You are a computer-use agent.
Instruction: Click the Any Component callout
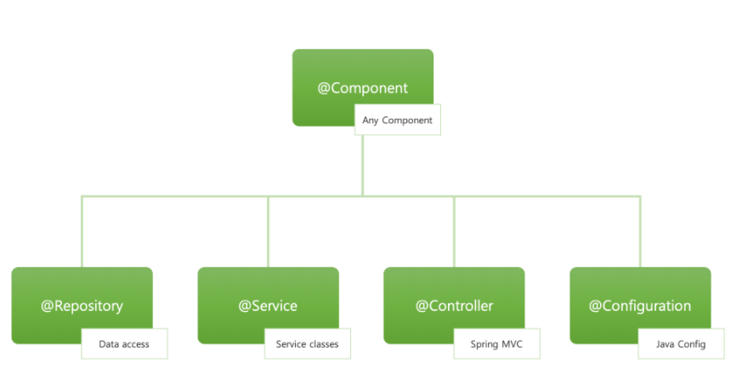click(397, 121)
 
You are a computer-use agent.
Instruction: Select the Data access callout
click(124, 344)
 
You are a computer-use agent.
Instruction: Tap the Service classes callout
click(307, 344)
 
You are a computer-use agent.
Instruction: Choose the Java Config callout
click(680, 344)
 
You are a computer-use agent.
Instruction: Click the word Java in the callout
click(666, 344)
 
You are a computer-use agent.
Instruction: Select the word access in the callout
click(135, 344)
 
